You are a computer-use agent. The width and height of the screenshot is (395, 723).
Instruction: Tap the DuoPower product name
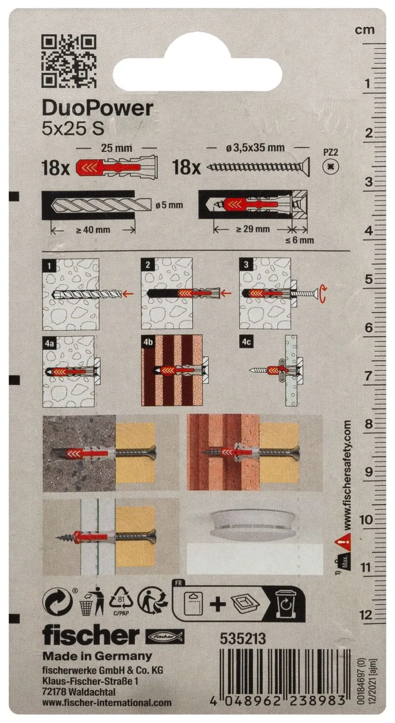click(x=97, y=109)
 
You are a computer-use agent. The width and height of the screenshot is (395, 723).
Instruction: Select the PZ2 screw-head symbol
click(x=331, y=167)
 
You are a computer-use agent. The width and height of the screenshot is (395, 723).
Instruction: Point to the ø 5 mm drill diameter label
click(x=169, y=205)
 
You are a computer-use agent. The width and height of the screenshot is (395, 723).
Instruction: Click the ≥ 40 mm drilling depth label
click(x=93, y=230)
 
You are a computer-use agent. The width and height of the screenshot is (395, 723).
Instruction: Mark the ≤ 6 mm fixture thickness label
click(x=300, y=240)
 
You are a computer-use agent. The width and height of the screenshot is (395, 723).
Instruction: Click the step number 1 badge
click(x=49, y=266)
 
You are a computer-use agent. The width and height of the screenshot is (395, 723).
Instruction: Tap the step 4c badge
click(x=246, y=342)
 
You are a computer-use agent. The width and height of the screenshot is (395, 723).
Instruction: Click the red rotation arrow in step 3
click(x=323, y=294)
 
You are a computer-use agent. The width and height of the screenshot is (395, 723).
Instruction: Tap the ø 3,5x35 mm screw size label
click(x=255, y=147)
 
